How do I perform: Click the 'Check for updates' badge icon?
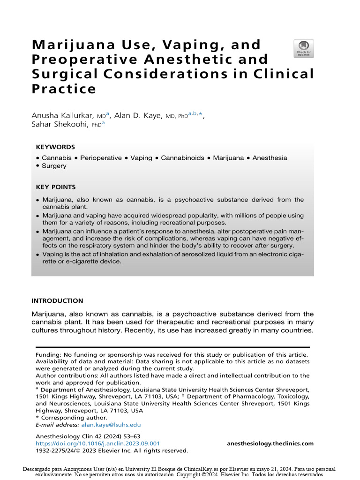pyautogui.click(x=304, y=48)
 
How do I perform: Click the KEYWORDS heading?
pyautogui.click(x=55, y=147)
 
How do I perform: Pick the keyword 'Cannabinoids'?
pyautogui.click(x=182, y=158)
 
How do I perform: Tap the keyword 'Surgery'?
pyautogui.click(x=54, y=166)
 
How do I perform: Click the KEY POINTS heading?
pyautogui.click(x=56, y=187)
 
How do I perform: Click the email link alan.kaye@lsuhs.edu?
pyautogui.click(x=111, y=425)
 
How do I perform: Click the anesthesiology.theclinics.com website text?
pyautogui.click(x=270, y=443)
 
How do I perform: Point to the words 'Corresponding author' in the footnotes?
pyautogui.click(x=74, y=418)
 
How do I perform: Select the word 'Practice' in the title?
pyautogui.click(x=64, y=89)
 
